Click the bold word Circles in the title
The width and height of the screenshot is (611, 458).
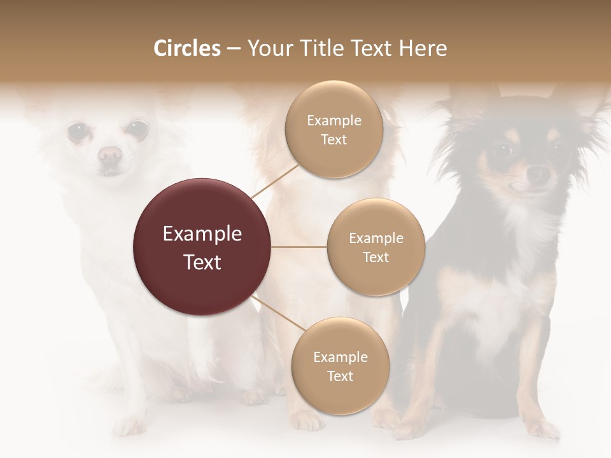pos(186,48)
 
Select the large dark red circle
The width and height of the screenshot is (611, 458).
pos(202,247)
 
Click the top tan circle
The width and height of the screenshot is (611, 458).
pos(334,129)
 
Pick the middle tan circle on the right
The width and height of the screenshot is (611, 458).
pos(376,247)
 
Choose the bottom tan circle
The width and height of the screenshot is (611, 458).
pos(340,366)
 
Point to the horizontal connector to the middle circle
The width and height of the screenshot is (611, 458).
pos(299,247)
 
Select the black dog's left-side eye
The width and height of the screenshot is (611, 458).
pos(503,151)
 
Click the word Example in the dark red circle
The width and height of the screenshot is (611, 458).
pos(202,234)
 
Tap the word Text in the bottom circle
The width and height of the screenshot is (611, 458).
pos(340,376)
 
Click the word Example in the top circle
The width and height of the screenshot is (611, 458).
pos(334,120)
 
